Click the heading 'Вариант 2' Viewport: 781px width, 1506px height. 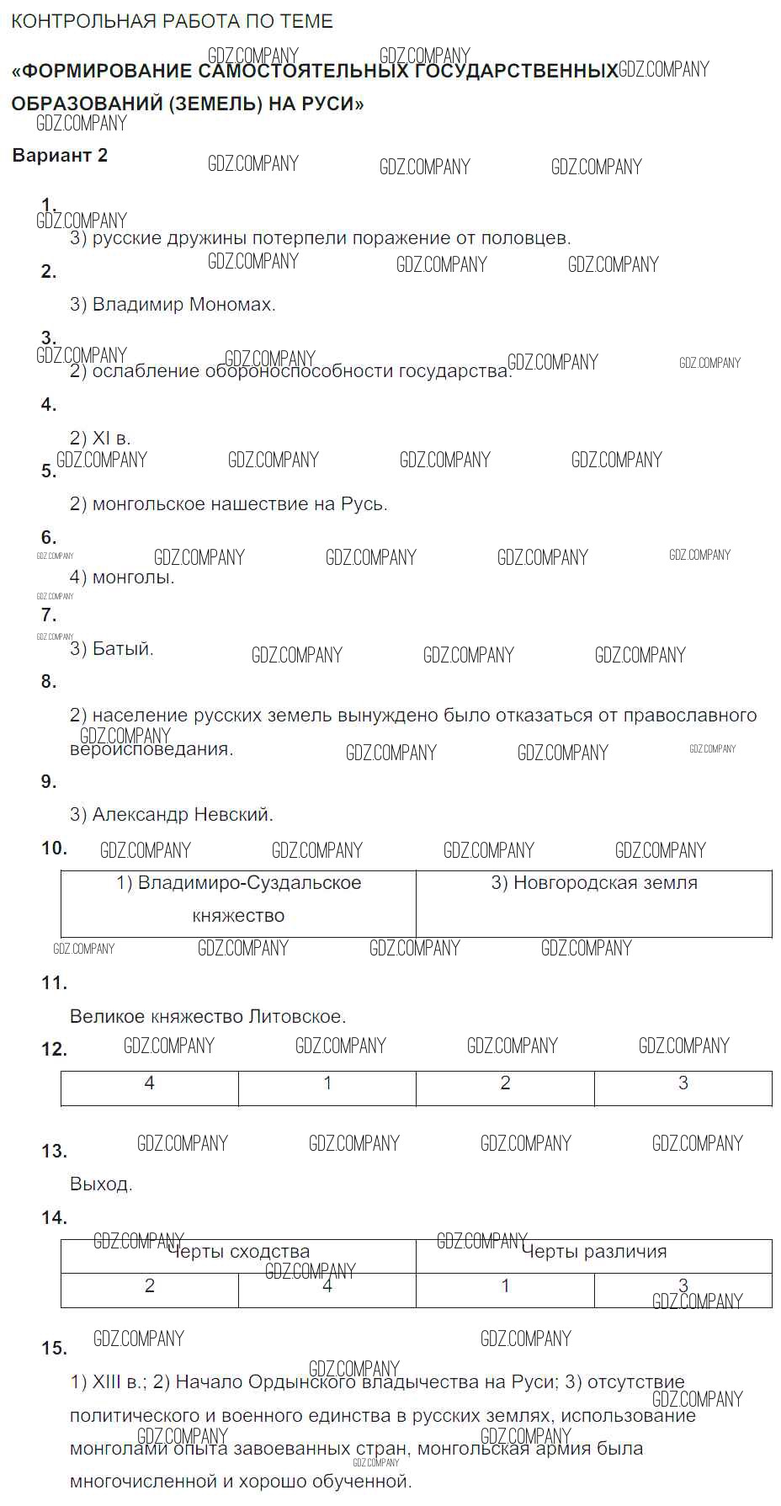pos(60,156)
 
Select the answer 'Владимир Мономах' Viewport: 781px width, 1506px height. pos(183,305)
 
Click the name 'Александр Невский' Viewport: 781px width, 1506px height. pos(183,815)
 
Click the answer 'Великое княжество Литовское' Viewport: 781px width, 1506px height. pos(208,1017)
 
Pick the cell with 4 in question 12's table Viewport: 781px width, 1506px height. pos(150,1087)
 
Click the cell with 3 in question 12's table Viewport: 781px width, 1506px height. pos(683,1087)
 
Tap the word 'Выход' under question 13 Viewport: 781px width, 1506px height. pos(100,1184)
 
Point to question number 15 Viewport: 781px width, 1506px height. pos(54,1349)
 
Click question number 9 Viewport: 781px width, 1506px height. pos(49,782)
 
